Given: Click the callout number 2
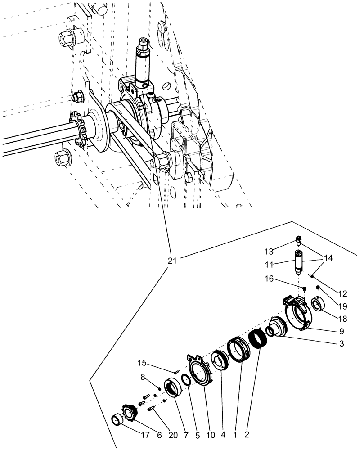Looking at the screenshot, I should (x=247, y=435).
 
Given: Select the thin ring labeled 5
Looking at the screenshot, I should (x=186, y=381).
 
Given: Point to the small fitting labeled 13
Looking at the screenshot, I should (x=298, y=238).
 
